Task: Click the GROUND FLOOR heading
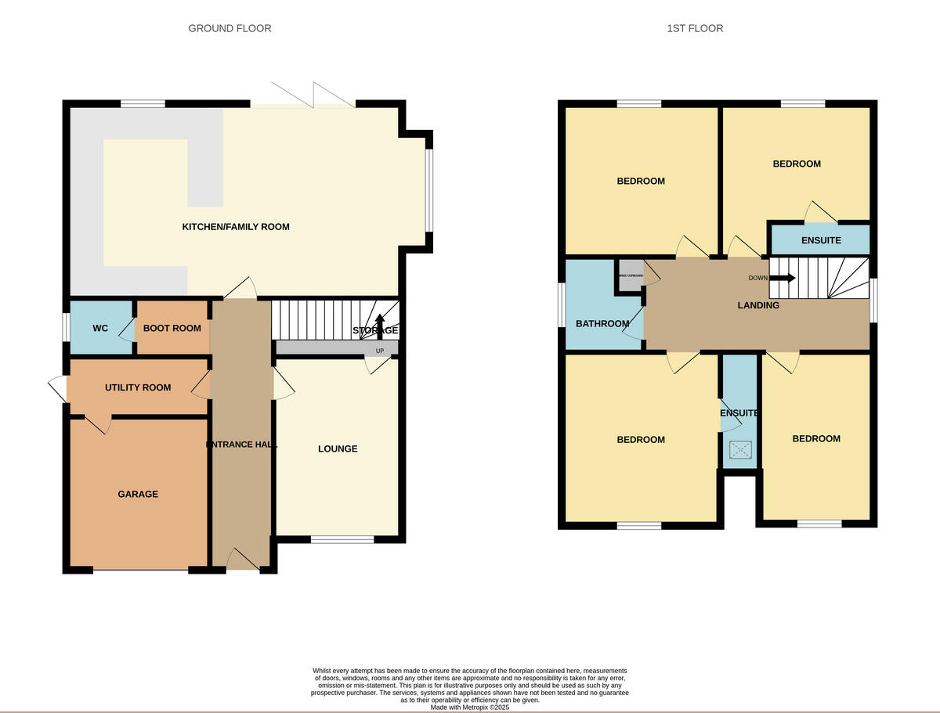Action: coord(230,28)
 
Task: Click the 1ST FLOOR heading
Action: coord(695,28)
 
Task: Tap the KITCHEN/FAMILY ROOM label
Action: coord(236,227)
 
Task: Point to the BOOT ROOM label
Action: coord(172,329)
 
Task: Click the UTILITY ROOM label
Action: coord(138,387)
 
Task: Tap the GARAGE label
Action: coord(138,494)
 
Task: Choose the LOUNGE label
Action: coord(338,448)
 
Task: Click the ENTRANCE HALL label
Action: coord(241,445)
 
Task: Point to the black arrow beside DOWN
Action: coord(782,277)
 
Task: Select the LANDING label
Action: coord(758,305)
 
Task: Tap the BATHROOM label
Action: coord(602,324)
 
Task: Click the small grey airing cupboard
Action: coord(630,275)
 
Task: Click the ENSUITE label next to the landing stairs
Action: coord(821,240)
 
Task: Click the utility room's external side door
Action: coord(57,387)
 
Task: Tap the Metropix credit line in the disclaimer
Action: coord(470,707)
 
